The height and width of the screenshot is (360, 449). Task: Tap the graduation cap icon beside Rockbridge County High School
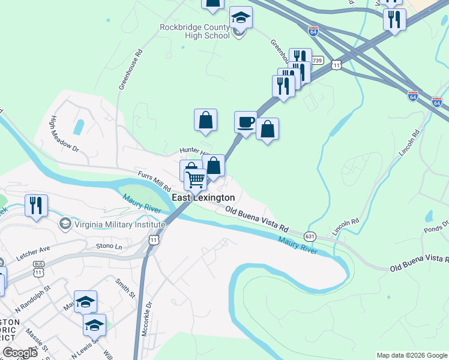coord(241,18)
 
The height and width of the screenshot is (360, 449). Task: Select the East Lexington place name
coord(203,197)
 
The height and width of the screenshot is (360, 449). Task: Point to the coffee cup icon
coord(246,122)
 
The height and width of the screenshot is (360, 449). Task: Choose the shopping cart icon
coord(196,179)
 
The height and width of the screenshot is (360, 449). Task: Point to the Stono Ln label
coord(109,246)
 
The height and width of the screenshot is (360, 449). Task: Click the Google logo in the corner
coord(20,352)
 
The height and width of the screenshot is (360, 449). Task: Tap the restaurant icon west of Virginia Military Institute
coord(36,206)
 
